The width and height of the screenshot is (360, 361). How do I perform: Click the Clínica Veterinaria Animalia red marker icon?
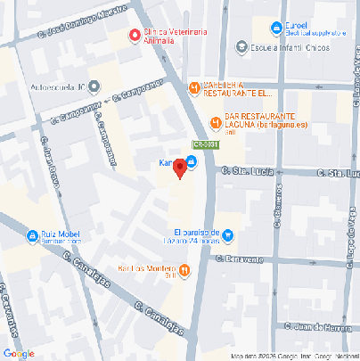point(135,36)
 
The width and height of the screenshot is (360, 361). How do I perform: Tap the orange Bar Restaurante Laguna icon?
point(215,122)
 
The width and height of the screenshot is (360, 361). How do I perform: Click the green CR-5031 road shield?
point(204,147)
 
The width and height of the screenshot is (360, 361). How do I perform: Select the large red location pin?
point(179,167)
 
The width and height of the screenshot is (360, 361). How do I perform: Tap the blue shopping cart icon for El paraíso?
point(227,235)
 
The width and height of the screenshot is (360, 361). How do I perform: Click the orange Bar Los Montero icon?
point(183,270)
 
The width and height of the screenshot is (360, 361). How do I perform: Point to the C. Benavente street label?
point(240,259)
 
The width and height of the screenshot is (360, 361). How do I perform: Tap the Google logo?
point(19,354)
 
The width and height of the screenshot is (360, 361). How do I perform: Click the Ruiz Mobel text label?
point(64,235)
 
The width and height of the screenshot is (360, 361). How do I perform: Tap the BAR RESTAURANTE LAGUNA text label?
point(266,121)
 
